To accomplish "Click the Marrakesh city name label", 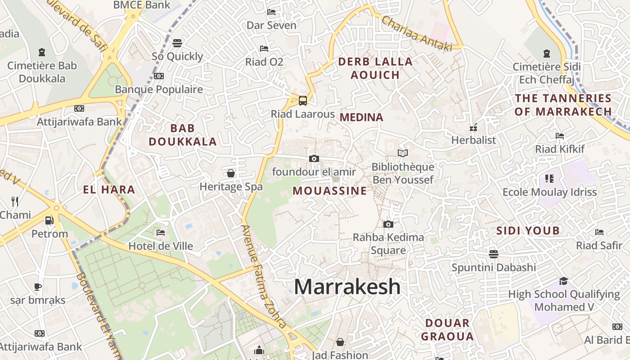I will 347,287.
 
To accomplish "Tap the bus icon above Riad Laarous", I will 303,100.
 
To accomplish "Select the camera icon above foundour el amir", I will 314,158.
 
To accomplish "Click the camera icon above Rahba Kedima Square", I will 388,224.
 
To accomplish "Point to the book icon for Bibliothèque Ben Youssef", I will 403,153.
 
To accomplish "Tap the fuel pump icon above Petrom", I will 49,220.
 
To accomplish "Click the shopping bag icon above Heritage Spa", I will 231,173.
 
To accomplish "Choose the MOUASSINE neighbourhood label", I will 330,191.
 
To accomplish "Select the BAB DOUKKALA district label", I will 183,135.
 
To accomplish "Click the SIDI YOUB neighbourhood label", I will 528,231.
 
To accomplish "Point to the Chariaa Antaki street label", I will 417,32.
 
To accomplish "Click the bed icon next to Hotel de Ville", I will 161,233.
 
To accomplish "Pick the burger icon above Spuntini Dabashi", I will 494,254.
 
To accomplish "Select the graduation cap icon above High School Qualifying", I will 563,281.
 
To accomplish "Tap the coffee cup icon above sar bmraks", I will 38,287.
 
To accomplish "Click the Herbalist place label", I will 473,140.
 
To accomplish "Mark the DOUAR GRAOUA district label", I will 447,329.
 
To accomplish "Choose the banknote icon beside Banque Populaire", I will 158,76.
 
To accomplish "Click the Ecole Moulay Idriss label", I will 549,192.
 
